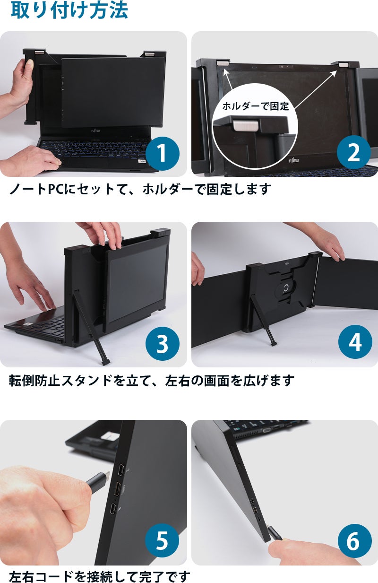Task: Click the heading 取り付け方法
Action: pos(69,10)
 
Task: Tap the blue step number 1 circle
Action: pos(163,154)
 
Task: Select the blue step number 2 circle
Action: pos(354,153)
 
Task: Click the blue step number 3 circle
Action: pos(163,344)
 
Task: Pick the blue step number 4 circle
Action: pos(355,342)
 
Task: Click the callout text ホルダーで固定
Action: pos(256,106)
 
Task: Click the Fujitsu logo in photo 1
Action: pos(95,131)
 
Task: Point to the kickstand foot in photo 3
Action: pos(106,362)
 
